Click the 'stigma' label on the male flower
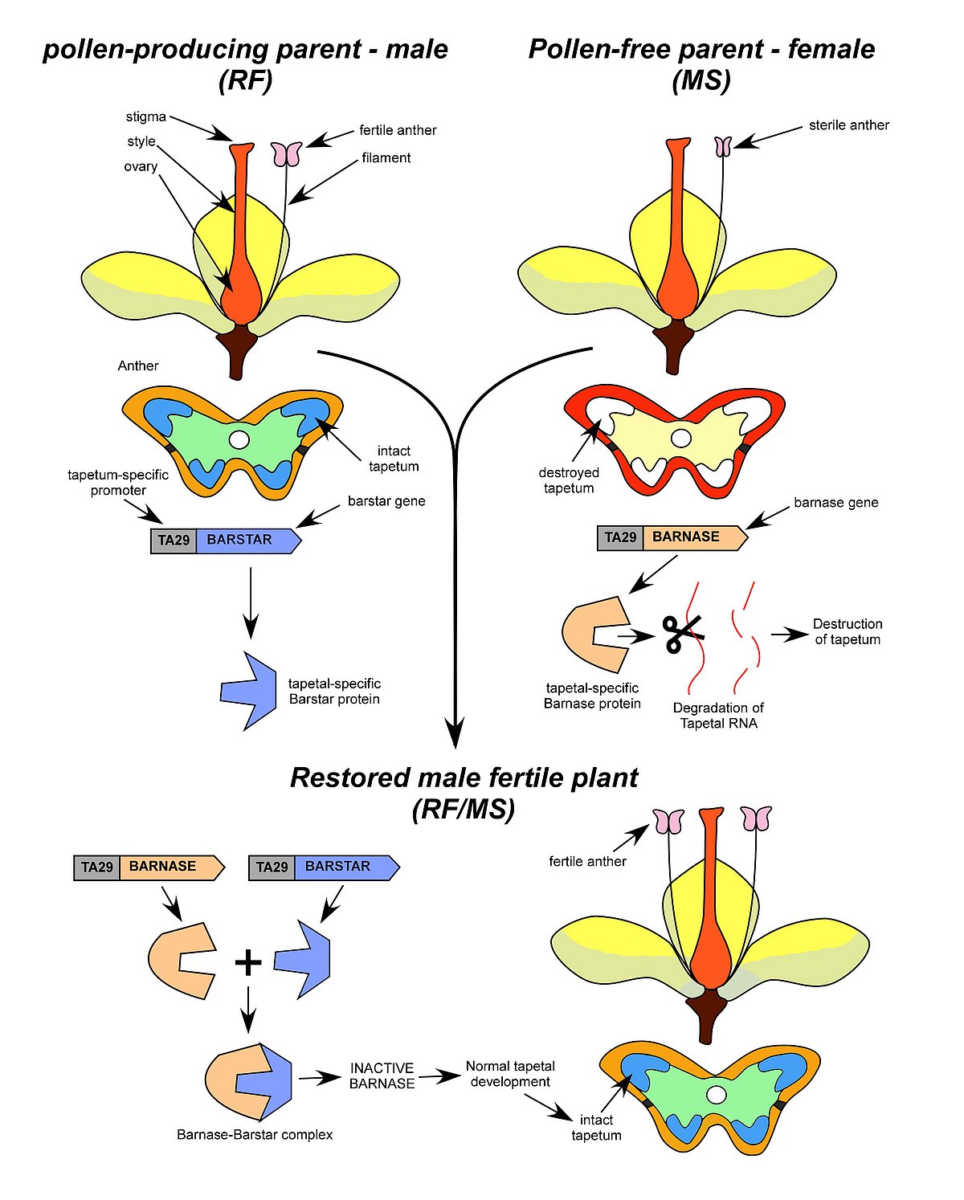click(x=145, y=117)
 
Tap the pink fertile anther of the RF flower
click(x=286, y=153)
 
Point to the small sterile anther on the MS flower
click(x=723, y=146)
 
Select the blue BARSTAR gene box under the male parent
click(x=246, y=541)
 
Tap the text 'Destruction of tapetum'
click(x=847, y=632)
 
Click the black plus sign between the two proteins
click(x=248, y=961)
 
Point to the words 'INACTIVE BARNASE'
click(x=382, y=1076)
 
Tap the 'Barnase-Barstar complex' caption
click(x=255, y=1135)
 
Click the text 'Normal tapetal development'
click(x=510, y=1075)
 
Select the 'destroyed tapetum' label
click(x=569, y=480)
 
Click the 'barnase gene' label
click(x=835, y=503)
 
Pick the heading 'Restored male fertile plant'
click(x=464, y=778)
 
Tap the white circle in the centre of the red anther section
click(x=680, y=438)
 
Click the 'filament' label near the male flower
click(x=386, y=158)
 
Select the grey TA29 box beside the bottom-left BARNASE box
click(x=96, y=867)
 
